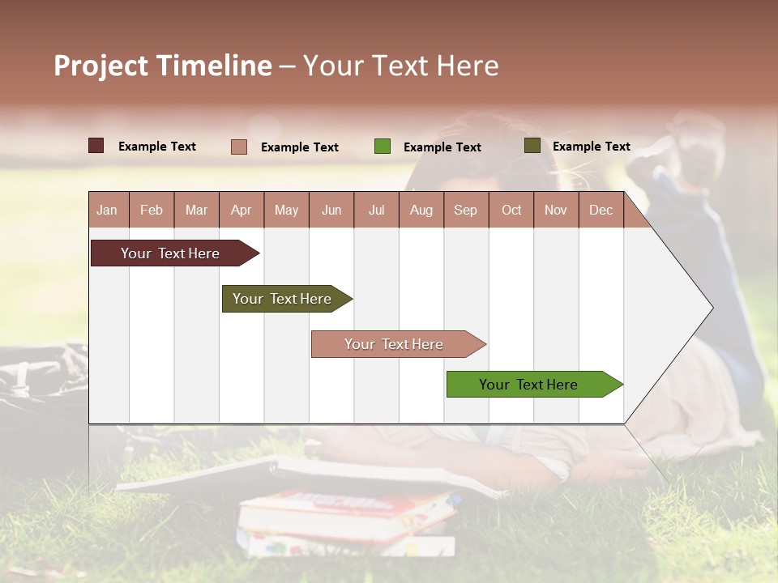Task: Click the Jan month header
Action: pos(107,210)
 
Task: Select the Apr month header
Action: pos(241,210)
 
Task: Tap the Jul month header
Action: pos(376,210)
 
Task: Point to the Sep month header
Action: pos(465,210)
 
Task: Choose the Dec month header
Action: pos(601,210)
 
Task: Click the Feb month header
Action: pos(152,210)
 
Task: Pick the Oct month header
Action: pos(511,210)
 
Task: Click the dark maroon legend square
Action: pos(96,146)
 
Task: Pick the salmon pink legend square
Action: pos(238,147)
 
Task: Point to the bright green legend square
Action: pos(382,147)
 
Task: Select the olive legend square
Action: pos(532,146)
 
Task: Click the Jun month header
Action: pos(331,210)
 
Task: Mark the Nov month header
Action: pos(556,210)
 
